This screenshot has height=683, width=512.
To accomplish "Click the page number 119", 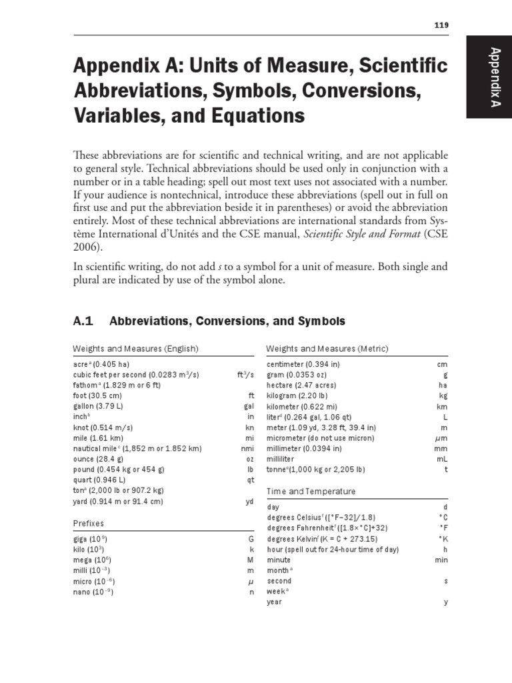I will point(441,25).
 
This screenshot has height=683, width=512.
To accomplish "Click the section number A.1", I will point(84,321).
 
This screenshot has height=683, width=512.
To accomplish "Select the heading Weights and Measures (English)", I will point(135,349).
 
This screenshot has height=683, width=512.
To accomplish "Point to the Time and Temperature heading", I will point(311,492).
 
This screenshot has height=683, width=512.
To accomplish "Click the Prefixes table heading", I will point(89,524).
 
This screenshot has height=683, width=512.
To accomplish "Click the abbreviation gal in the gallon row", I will point(249,406).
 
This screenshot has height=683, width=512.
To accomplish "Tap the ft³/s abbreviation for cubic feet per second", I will point(246,376).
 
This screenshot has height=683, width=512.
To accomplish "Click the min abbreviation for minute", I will point(441,560).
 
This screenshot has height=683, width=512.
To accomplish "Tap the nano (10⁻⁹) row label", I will point(93,592).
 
